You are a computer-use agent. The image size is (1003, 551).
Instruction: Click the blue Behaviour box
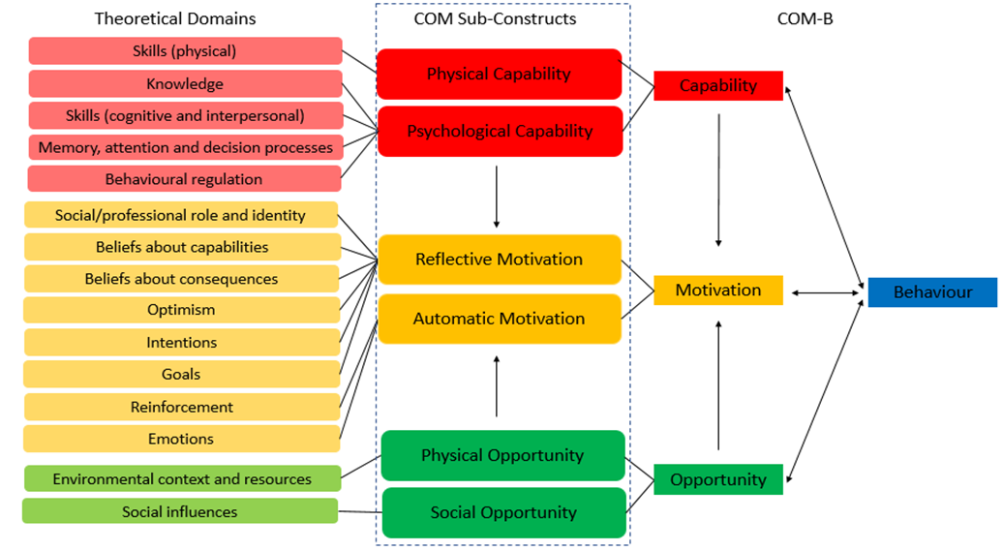coord(932,292)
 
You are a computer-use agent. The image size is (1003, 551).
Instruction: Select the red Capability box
coord(718,86)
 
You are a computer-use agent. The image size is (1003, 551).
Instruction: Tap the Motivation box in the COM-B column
coord(718,290)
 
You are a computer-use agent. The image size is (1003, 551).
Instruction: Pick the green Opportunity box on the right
coord(718,479)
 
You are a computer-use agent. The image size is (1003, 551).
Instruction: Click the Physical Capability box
coord(499,75)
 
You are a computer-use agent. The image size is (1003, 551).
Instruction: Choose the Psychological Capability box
coord(501,131)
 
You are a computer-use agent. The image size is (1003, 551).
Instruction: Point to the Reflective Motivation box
coord(500,260)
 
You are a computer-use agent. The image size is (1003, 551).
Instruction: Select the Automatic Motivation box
coord(500,319)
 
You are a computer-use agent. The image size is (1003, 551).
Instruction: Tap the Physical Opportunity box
coord(502,456)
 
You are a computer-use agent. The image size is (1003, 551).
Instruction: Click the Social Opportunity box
coord(504,512)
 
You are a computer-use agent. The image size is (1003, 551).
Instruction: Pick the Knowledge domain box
coord(186,84)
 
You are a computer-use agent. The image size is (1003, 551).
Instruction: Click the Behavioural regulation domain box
coord(184,179)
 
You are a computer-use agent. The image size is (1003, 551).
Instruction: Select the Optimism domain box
coord(182,310)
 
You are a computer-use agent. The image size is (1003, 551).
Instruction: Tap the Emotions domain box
coord(182,439)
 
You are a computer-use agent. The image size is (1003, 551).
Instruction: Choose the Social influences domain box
coord(180,511)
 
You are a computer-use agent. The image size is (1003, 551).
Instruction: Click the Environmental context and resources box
coord(182,478)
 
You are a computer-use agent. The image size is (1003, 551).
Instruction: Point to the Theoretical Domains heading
coord(175,18)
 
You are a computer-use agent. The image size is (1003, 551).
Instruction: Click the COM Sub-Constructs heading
coord(495,18)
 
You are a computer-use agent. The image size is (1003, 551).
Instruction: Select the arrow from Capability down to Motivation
coord(719,180)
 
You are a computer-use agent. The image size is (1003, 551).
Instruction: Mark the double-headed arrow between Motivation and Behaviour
coord(825,293)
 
